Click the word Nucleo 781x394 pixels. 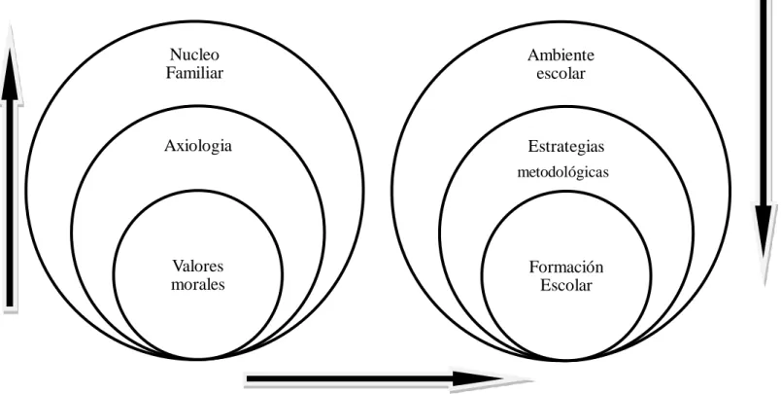click(x=194, y=54)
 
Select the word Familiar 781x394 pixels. click(x=194, y=73)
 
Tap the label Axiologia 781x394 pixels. click(x=198, y=146)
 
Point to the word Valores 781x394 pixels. click(x=198, y=266)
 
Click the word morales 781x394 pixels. click(x=198, y=284)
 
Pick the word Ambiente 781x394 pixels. click(x=560, y=54)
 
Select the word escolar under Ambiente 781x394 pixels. click(x=560, y=73)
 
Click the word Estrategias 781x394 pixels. click(x=565, y=147)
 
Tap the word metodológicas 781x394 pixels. click(x=562, y=172)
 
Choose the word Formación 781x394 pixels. click(x=566, y=267)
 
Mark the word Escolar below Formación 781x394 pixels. click(x=566, y=285)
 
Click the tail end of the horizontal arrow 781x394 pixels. click(x=247, y=380)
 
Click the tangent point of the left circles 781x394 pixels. click(x=197, y=358)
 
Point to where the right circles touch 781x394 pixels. click(x=565, y=359)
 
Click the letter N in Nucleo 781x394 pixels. click(x=175, y=54)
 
